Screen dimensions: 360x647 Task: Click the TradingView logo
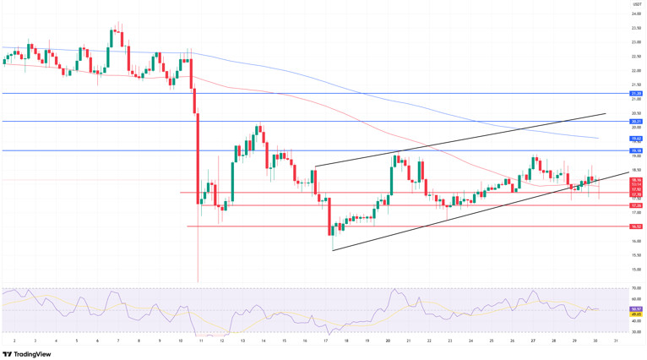click(27, 353)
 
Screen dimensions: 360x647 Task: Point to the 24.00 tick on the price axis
click(636, 14)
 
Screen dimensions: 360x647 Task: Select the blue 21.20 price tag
click(636, 93)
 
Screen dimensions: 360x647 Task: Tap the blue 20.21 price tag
click(636, 121)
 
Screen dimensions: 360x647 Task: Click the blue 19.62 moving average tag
click(636, 138)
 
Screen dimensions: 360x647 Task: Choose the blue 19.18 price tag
click(636, 150)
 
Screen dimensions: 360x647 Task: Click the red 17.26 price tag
click(636, 205)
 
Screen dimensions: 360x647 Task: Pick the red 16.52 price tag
click(636, 226)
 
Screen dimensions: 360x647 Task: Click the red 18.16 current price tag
click(636, 179)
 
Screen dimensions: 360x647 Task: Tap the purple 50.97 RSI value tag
click(636, 308)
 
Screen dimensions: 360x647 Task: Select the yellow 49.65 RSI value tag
click(636, 314)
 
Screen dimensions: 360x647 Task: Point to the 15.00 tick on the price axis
click(636, 270)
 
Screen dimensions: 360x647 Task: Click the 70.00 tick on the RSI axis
click(636, 288)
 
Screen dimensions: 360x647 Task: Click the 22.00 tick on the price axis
click(636, 70)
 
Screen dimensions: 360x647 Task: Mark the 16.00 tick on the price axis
click(636, 241)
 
